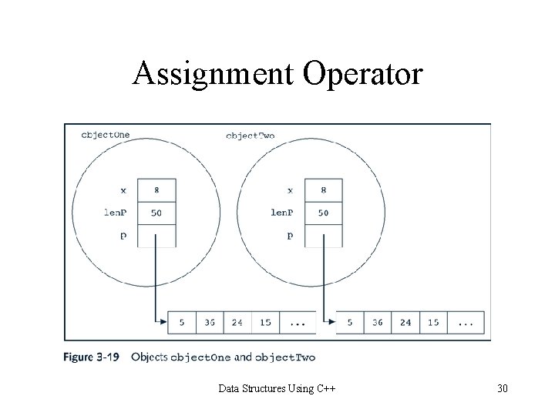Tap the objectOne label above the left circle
(106, 134)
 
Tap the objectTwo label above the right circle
(250, 136)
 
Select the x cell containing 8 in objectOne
(156, 190)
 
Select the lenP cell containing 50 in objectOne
(156, 213)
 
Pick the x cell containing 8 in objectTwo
(324, 190)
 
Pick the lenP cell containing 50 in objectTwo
(324, 213)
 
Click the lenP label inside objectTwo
(282, 213)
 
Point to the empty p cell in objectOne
(156, 235)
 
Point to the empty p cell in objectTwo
(324, 235)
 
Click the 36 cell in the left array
(209, 322)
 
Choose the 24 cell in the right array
(405, 322)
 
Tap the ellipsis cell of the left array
(298, 322)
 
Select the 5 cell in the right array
(350, 322)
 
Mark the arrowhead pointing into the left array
(163, 322)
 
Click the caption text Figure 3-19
(92, 357)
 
